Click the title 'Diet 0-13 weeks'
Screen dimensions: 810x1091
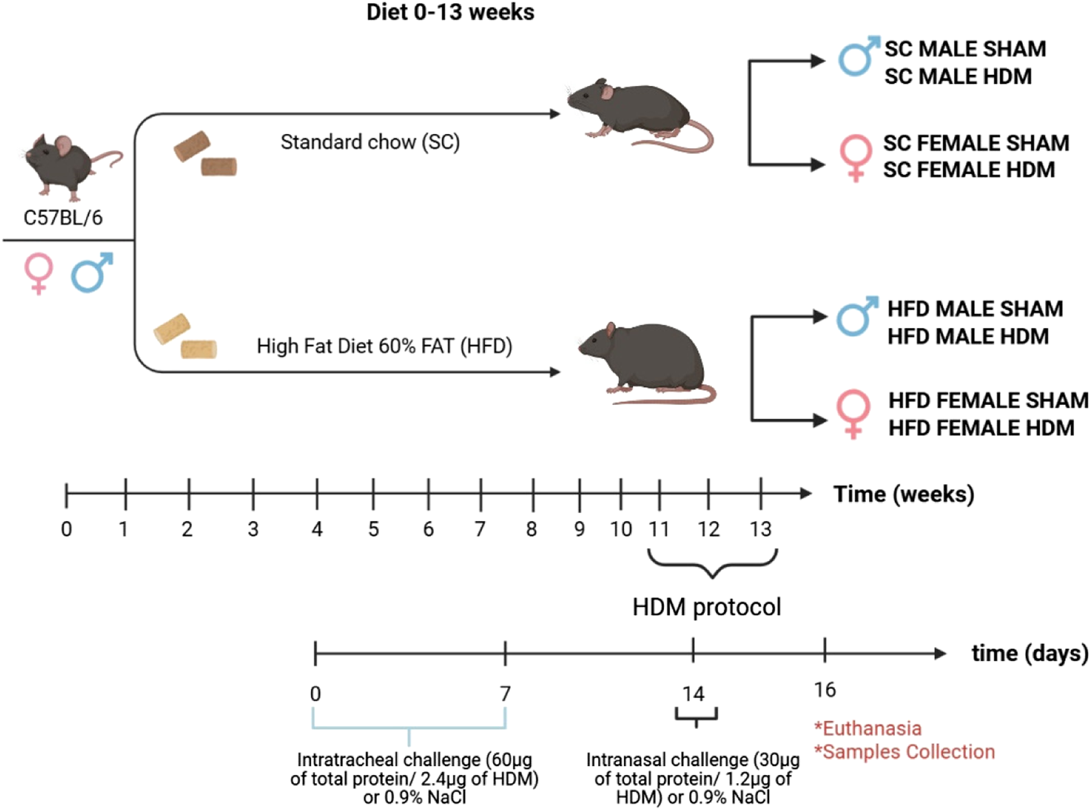tap(450, 12)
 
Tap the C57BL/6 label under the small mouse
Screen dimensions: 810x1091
tap(63, 218)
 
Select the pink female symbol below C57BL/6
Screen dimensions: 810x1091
tap(39, 273)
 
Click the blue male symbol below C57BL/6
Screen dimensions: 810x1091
tap(91, 273)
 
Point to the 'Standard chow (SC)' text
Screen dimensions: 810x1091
tap(370, 142)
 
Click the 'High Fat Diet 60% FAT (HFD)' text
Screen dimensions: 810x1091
tap(385, 346)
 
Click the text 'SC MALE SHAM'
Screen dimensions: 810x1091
tap(965, 49)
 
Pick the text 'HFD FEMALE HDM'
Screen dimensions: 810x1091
tap(981, 428)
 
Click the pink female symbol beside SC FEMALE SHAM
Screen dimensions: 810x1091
tap(855, 157)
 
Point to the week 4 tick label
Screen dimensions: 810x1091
tap(317, 529)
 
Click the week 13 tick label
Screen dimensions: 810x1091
tap(760, 529)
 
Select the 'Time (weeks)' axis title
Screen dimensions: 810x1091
tap(903, 494)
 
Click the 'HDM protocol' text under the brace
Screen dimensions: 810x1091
tap(706, 607)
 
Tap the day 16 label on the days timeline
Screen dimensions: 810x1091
tap(825, 690)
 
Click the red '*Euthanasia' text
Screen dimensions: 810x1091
tap(868, 728)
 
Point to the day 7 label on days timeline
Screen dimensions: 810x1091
tap(506, 694)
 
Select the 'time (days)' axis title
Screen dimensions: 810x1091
tap(1029, 653)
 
